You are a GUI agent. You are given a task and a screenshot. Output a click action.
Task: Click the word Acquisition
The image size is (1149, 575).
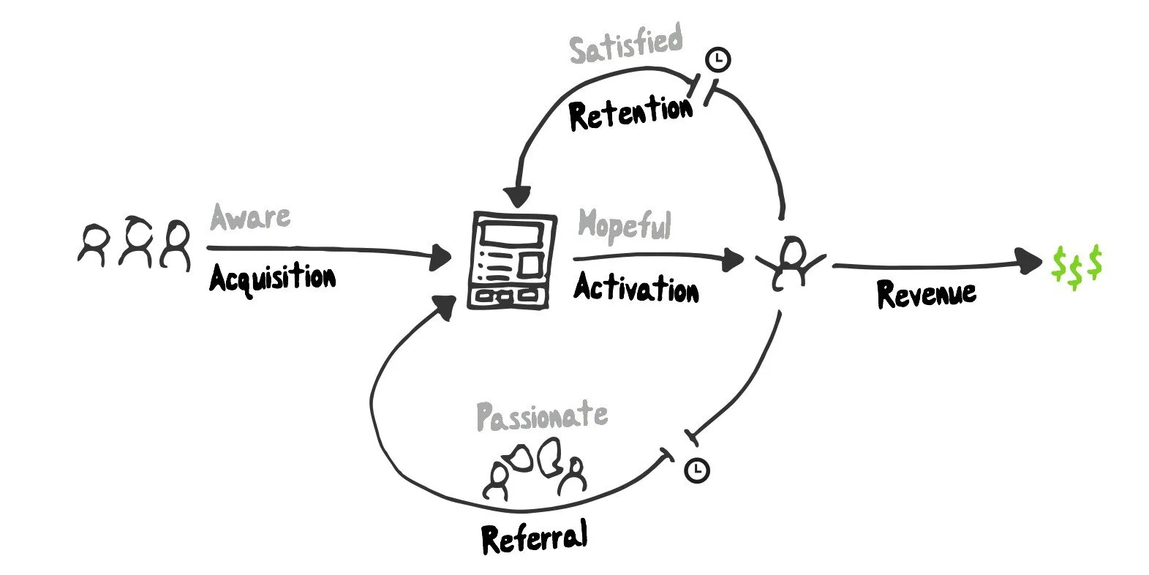[272, 279]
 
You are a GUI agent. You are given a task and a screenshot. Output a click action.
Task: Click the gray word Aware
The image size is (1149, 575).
[250, 217]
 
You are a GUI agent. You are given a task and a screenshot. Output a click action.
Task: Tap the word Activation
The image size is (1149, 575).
[635, 287]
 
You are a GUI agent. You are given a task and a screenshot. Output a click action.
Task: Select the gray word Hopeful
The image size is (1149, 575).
[624, 225]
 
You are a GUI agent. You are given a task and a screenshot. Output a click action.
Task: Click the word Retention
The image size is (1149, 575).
[630, 113]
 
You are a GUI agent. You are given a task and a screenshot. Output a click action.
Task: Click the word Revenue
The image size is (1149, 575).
[926, 293]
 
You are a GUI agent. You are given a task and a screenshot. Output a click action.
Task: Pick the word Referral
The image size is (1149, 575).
[534, 538]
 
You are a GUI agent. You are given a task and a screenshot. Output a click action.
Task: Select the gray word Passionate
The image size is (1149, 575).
[541, 416]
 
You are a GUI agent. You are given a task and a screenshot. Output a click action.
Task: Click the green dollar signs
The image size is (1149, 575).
[1076, 266]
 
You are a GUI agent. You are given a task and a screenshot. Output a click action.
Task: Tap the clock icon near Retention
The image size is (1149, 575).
[718, 59]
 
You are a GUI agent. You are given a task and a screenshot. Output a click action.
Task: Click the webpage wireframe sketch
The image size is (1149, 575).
[511, 260]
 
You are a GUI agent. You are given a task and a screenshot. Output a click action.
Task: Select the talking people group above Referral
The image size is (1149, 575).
[536, 468]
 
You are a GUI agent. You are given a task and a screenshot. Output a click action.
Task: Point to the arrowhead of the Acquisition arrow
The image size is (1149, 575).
[440, 256]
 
